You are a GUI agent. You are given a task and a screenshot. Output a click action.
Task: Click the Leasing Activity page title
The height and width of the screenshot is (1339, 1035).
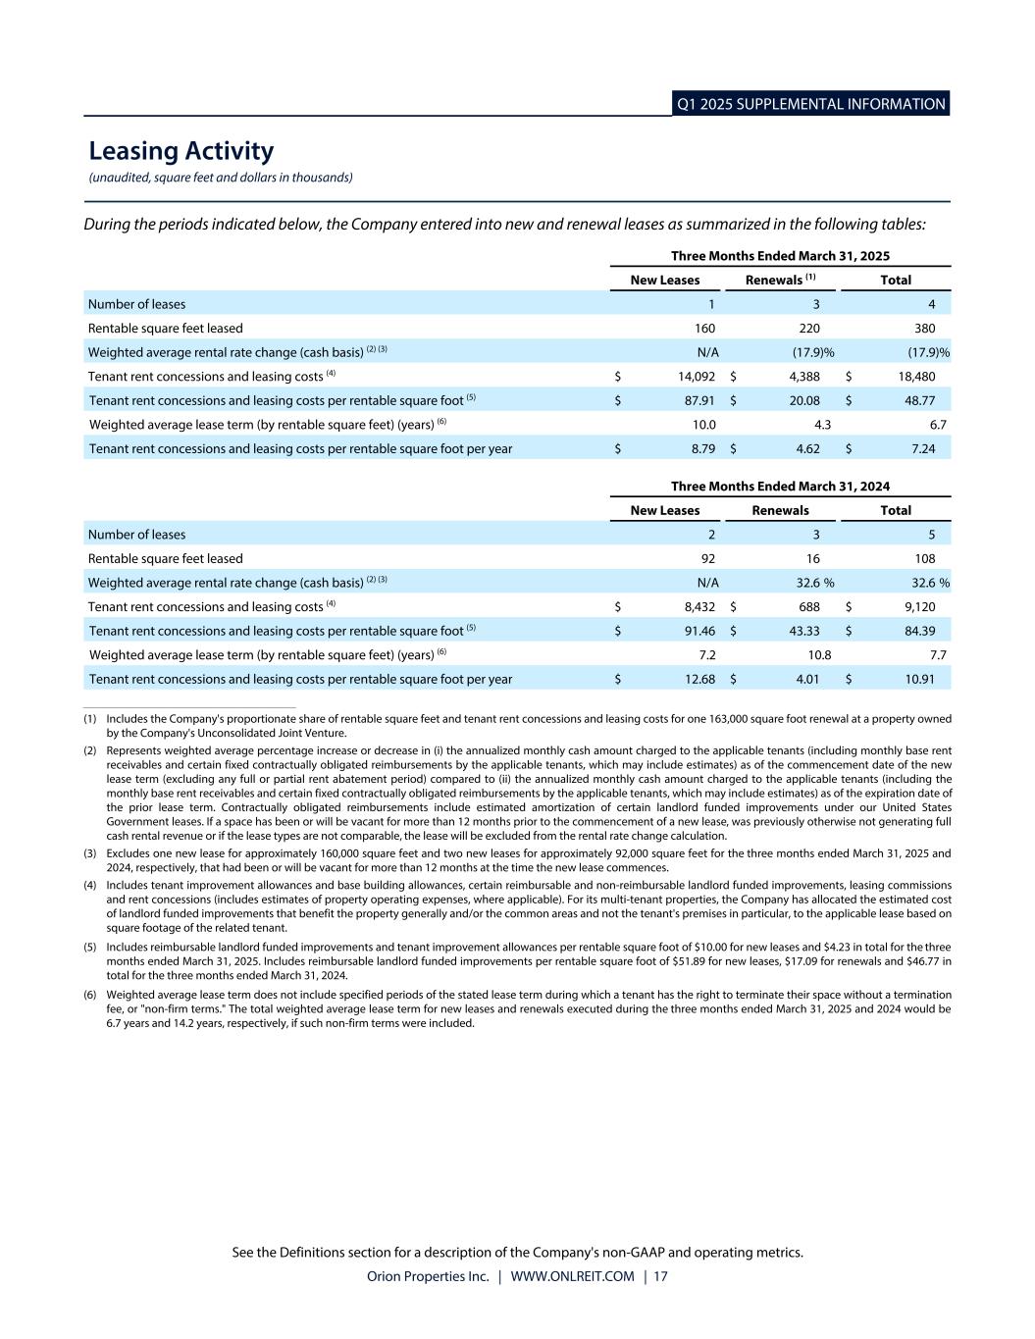pyautogui.click(x=181, y=151)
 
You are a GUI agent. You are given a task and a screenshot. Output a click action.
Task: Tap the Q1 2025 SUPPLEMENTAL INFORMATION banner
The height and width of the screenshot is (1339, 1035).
pyautogui.click(x=810, y=104)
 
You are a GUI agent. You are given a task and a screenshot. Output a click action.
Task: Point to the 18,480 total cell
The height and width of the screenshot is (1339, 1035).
pyautogui.click(x=916, y=377)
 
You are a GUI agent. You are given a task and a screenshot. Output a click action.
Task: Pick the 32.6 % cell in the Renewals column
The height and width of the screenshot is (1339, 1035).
pyautogui.click(x=814, y=583)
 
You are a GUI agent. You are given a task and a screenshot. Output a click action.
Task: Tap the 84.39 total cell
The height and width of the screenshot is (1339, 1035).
pyautogui.click(x=918, y=631)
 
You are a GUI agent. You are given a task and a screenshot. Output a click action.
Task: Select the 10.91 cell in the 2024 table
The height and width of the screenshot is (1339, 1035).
pyautogui.click(x=918, y=679)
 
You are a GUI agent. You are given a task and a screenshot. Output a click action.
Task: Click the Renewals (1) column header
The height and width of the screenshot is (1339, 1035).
pyautogui.click(x=781, y=281)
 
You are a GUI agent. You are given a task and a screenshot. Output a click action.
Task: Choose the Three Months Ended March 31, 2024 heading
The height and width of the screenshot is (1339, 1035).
pyautogui.click(x=780, y=487)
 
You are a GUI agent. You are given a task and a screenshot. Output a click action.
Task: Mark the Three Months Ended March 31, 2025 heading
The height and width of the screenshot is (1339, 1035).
pyautogui.click(x=780, y=256)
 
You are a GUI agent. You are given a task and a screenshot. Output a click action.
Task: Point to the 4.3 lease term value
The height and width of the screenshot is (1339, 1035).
pyautogui.click(x=822, y=425)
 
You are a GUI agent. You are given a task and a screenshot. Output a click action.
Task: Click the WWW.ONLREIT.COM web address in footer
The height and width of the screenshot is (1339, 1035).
pyautogui.click(x=572, y=1277)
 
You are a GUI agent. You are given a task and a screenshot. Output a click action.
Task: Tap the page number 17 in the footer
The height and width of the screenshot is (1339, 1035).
pyautogui.click(x=660, y=1277)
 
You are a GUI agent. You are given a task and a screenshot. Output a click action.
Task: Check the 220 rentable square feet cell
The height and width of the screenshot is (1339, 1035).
pyautogui.click(x=809, y=329)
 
